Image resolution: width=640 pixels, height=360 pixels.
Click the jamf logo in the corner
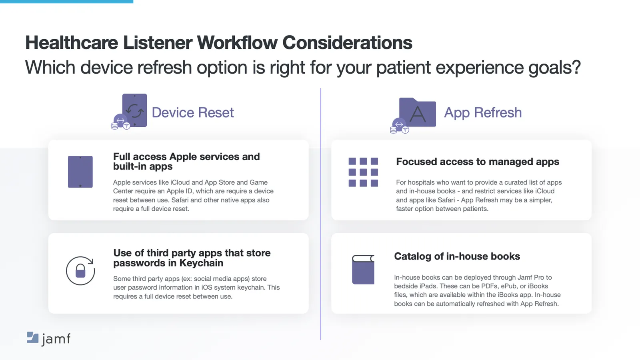(x=48, y=338)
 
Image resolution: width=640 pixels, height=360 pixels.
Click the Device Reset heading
(x=192, y=113)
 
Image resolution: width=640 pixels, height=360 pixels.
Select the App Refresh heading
(x=482, y=113)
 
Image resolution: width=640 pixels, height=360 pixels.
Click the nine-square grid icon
(x=363, y=172)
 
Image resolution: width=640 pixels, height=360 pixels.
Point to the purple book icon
(x=363, y=270)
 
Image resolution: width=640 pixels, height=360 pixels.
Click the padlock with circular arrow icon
(x=80, y=271)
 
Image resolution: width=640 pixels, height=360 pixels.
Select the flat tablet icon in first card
(x=80, y=172)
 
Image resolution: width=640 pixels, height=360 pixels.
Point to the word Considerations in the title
(x=347, y=43)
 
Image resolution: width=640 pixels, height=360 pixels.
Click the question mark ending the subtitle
(x=576, y=67)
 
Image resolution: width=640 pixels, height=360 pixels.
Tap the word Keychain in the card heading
(x=201, y=263)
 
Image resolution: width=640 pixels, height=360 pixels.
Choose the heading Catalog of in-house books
(x=457, y=256)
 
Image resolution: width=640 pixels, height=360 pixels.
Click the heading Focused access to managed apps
(x=478, y=162)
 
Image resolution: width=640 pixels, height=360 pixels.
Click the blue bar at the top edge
(x=66, y=2)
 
